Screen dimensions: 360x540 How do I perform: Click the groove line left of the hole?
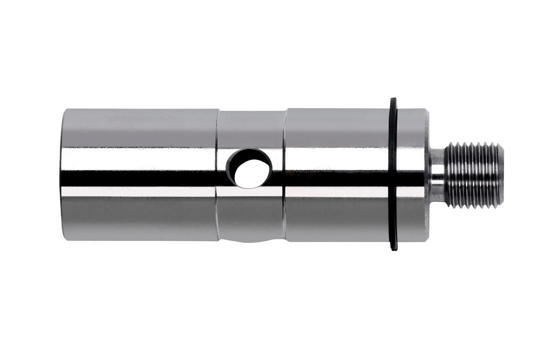click(x=217, y=175)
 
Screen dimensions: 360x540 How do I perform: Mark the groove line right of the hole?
click(x=284, y=175)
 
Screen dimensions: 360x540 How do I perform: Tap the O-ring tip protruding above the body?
click(x=393, y=101)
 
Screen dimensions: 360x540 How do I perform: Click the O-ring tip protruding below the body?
click(x=394, y=246)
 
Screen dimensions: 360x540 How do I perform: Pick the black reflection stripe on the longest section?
click(x=139, y=179)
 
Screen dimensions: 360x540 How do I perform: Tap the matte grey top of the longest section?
click(x=139, y=126)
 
